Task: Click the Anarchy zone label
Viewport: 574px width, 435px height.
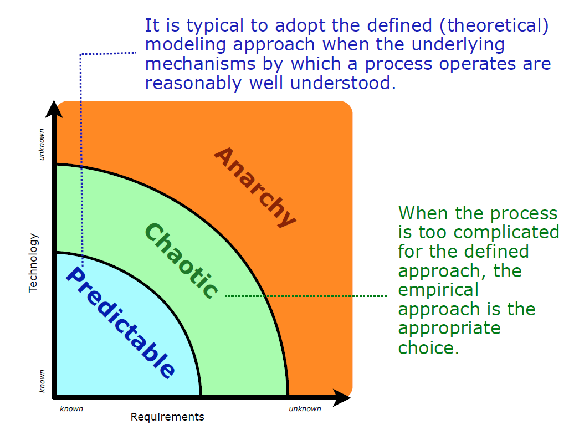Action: click(x=254, y=187)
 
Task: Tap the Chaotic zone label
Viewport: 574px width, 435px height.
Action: click(x=181, y=261)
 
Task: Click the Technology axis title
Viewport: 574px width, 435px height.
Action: click(x=34, y=263)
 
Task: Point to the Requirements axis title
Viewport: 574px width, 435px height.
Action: click(x=167, y=417)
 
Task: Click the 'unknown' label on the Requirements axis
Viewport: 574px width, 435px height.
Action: click(x=305, y=409)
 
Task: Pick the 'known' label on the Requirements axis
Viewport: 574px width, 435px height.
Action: click(x=71, y=409)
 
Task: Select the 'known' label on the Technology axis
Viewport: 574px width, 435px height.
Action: click(x=41, y=381)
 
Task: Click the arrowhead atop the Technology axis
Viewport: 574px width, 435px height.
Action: click(x=54, y=109)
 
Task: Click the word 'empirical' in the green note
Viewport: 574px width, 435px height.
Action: click(x=438, y=290)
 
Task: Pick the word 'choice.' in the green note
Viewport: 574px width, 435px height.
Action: click(x=429, y=348)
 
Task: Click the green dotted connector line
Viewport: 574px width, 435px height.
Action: click(x=305, y=296)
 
